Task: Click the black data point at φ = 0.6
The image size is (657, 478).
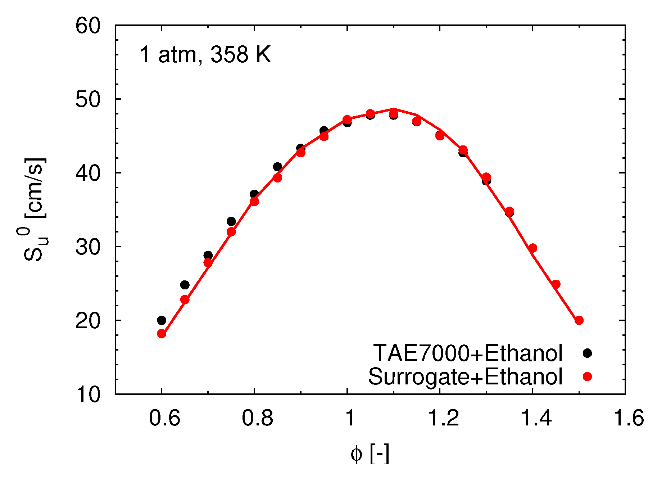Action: [x=162, y=320]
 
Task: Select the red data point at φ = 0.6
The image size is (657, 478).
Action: [x=162, y=334]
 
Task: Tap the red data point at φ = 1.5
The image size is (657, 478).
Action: [x=579, y=320]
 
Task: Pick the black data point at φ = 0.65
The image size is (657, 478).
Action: [x=185, y=285]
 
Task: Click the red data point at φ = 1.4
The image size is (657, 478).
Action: [x=533, y=248]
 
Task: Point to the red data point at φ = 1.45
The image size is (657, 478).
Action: [x=556, y=284]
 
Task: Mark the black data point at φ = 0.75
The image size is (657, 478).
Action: [x=231, y=221]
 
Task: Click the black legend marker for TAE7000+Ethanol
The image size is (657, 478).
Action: [x=587, y=353]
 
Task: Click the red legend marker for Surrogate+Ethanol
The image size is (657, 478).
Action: [x=587, y=376]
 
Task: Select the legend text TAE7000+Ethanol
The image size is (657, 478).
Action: [x=468, y=353]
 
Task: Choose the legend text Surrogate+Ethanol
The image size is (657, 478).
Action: [x=465, y=377]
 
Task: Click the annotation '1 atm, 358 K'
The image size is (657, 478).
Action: [x=205, y=55]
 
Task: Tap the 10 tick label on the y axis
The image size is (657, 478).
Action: [x=87, y=394]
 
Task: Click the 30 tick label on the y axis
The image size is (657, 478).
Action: [x=87, y=247]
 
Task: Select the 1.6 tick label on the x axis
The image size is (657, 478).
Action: [x=628, y=418]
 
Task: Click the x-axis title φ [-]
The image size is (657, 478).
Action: [x=370, y=454]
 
